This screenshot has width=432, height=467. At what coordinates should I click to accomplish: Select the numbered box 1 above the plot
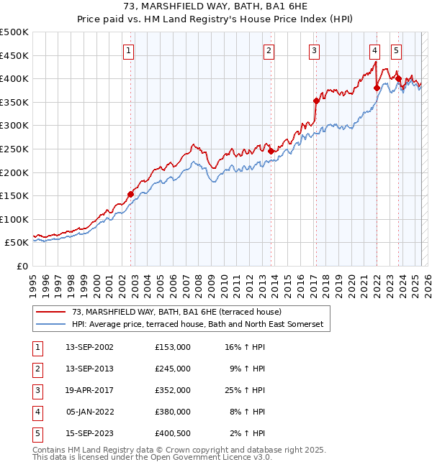pos(128,50)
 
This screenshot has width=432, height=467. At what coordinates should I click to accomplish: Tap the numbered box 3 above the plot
pos(315,50)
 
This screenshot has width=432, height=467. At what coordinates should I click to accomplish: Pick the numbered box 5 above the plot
pos(397,50)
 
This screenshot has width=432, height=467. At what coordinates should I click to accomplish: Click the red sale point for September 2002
pos(130,194)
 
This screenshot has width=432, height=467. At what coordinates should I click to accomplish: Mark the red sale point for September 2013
pos(271,151)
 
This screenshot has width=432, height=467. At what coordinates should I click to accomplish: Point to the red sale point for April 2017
pos(316,101)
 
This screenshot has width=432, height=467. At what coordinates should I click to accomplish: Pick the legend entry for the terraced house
pos(181,312)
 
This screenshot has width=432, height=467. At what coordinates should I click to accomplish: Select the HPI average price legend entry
pos(198,325)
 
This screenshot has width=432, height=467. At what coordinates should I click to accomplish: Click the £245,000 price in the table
pos(173,368)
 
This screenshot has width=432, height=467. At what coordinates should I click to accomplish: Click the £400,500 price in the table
pos(173,433)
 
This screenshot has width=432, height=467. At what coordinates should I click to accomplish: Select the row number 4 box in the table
pos(36,412)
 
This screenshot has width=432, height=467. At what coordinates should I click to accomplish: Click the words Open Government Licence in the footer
pos(209,457)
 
